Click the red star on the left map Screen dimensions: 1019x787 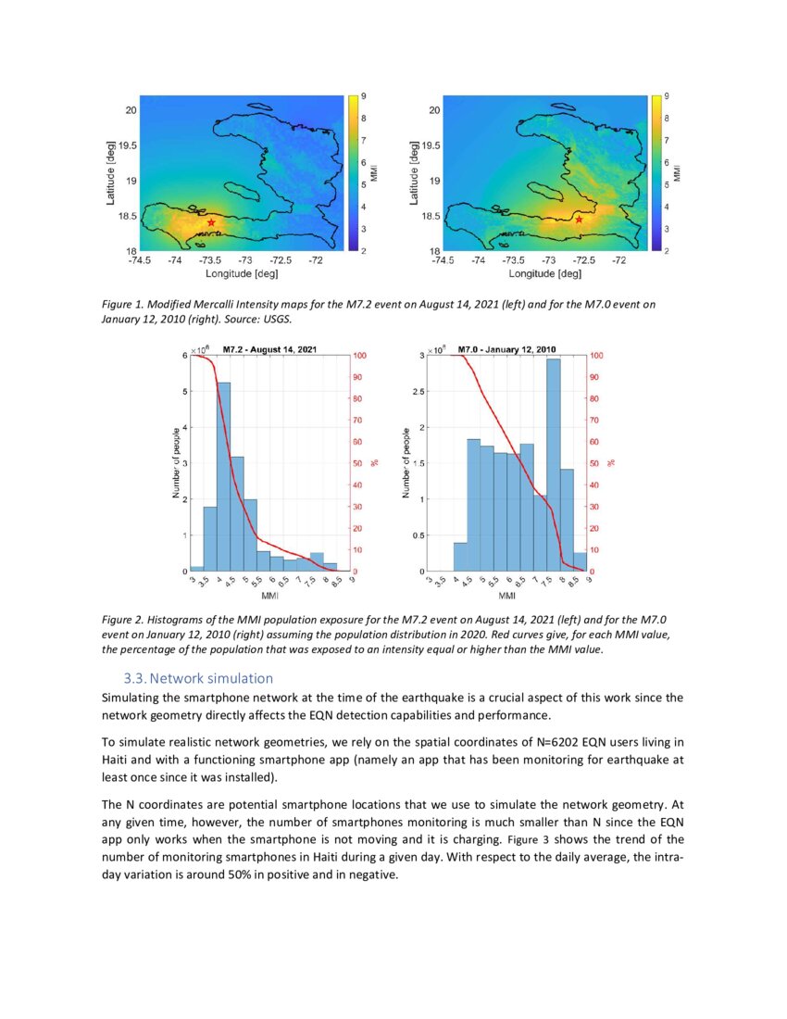pos(211,222)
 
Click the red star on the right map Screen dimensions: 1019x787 pos(580,220)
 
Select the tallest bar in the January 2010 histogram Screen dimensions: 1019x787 pos(554,464)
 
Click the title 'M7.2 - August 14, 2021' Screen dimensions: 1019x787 pos(270,349)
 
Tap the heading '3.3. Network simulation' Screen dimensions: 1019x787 pos(198,678)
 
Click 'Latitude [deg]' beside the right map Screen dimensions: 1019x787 pos(414,172)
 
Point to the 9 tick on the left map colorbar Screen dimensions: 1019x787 pos(363,96)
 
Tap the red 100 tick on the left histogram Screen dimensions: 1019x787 pos(361,356)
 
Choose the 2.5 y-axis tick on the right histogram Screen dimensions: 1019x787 pos(419,392)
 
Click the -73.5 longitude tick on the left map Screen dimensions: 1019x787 pos(210,261)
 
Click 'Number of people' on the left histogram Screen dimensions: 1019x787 pos(176,463)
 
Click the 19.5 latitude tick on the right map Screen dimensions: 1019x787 pos(430,145)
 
